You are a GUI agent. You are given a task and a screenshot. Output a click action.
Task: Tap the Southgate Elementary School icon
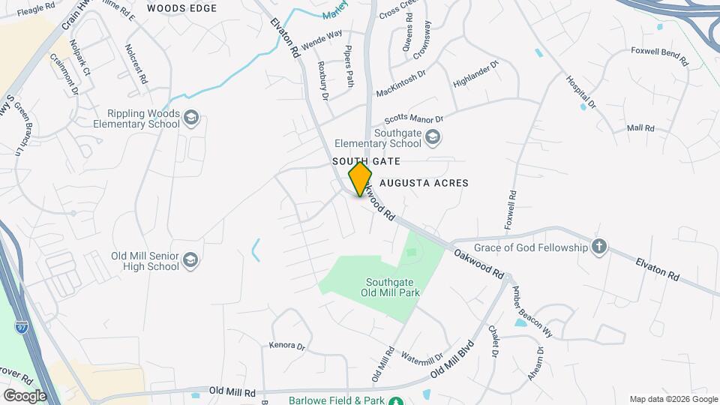point(432,137)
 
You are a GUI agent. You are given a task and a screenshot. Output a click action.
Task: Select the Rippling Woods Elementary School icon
point(191,118)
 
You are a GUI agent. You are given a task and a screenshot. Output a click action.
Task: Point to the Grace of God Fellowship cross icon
point(598,247)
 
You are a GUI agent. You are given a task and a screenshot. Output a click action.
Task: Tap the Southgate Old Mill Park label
point(392,287)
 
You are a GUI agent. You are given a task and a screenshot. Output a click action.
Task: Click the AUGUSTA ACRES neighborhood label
point(424,183)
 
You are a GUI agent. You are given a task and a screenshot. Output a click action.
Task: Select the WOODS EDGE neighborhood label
point(181,8)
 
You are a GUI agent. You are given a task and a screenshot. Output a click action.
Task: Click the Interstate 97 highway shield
point(22,327)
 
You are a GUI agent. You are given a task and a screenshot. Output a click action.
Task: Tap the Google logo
point(25,395)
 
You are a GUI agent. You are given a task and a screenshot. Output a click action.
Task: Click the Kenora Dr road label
point(287,346)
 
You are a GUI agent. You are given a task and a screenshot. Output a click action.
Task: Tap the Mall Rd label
point(640,128)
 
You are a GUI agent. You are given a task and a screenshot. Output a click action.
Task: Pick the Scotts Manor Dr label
point(414,119)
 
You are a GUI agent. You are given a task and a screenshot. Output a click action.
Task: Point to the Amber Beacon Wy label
point(532,310)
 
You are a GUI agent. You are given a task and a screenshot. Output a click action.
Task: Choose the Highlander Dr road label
point(475,76)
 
